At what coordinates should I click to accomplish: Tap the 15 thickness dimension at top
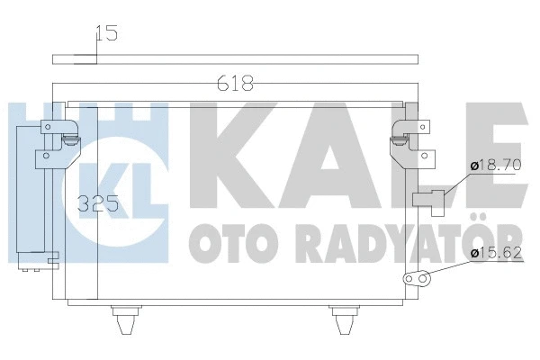(107, 35)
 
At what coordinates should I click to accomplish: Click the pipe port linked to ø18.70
(429, 200)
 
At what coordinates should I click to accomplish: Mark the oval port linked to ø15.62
(417, 280)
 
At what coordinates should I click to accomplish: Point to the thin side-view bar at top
(236, 59)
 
